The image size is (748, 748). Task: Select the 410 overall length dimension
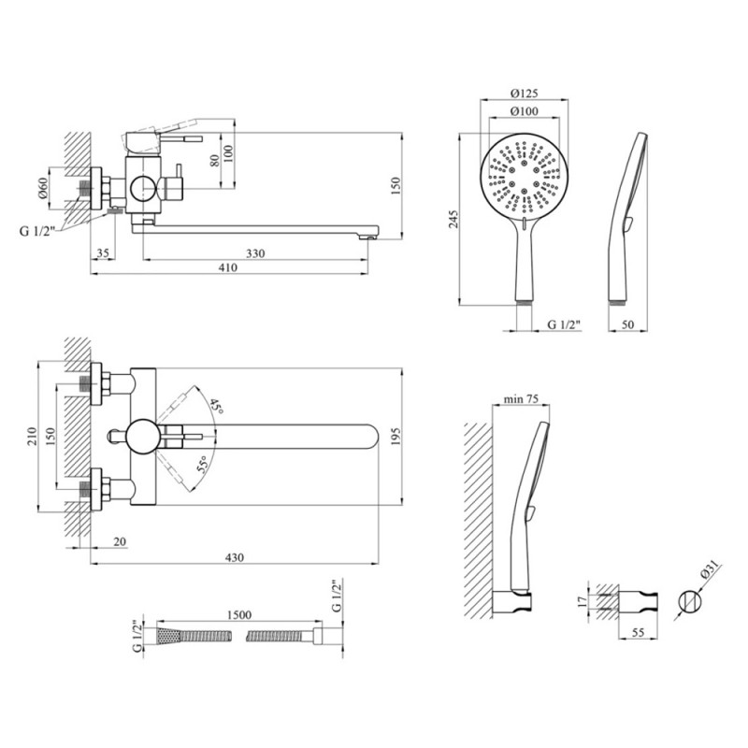click(227, 268)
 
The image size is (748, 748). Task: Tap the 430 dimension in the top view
click(234, 558)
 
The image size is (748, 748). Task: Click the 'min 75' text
click(520, 397)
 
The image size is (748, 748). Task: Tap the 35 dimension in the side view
click(103, 252)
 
